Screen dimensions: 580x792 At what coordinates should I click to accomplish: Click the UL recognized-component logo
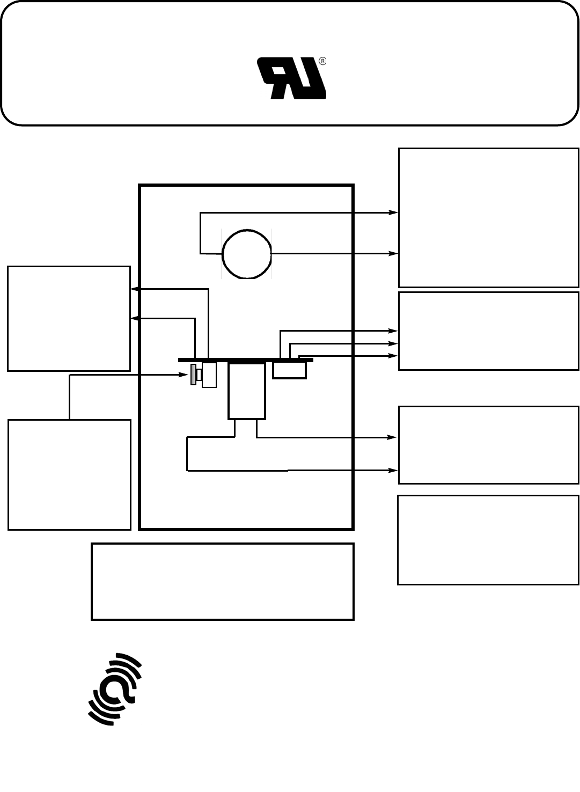[292, 79]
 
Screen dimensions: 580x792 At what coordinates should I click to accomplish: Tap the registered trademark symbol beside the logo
[322, 61]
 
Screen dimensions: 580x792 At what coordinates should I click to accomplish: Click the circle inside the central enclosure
[247, 254]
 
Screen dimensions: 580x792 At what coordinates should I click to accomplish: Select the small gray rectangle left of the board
[194, 375]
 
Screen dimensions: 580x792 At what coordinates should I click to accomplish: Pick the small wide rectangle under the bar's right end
[289, 370]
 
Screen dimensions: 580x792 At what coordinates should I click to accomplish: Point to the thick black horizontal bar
[245, 360]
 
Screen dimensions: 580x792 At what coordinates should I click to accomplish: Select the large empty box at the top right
[488, 217]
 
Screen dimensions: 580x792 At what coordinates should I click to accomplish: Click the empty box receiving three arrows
[488, 331]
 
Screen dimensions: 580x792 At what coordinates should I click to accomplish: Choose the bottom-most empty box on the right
[488, 540]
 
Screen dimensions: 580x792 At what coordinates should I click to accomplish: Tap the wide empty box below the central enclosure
[223, 582]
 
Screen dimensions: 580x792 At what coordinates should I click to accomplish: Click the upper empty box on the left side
[69, 318]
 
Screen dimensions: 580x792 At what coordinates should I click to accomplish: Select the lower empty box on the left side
[69, 475]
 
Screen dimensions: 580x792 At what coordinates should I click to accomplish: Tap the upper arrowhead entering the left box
[135, 289]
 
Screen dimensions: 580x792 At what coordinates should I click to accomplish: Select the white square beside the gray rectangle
[209, 375]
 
